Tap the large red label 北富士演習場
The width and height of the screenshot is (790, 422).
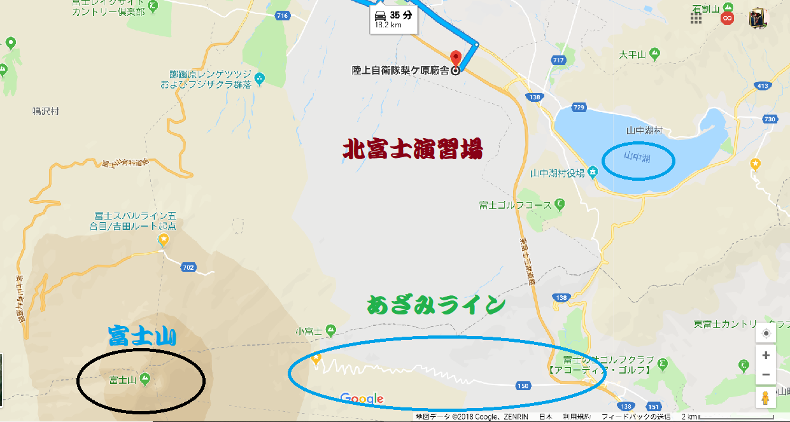click(413, 150)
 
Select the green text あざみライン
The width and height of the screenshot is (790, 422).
click(435, 305)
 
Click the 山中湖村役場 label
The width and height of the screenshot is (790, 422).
click(557, 173)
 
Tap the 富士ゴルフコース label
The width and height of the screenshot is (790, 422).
click(516, 205)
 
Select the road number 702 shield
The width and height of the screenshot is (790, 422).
click(188, 267)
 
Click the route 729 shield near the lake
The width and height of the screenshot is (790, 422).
click(578, 108)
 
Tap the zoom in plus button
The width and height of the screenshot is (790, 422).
click(766, 355)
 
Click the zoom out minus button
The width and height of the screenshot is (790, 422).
click(766, 374)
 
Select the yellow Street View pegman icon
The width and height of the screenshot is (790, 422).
click(766, 398)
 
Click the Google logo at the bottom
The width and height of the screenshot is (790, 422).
click(362, 399)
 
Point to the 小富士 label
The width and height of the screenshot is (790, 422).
click(310, 330)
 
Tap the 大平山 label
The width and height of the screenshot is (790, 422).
click(632, 55)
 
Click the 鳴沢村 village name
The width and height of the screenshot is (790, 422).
click(45, 110)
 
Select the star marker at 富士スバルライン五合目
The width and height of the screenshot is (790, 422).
click(164, 240)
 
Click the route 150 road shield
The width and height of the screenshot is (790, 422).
click(523, 385)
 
